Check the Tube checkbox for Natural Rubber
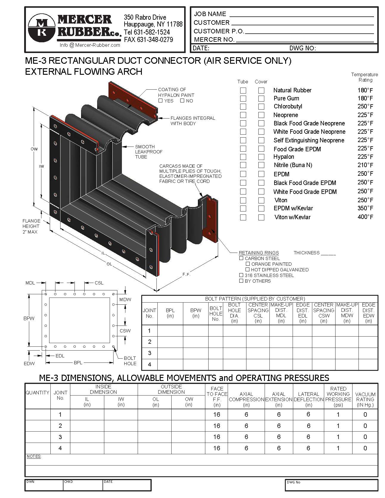coord(243,90)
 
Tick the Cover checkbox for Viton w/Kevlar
coord(261,217)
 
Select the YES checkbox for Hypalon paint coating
coord(161,101)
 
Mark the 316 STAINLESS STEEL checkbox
coord(241,275)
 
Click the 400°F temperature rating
coord(365,217)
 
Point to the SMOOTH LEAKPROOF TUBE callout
coord(145,152)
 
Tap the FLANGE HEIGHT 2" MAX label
coord(31,226)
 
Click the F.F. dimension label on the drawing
coord(187,274)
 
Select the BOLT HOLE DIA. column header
coord(234,313)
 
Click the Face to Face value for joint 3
coord(217,437)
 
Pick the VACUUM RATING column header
coord(365,399)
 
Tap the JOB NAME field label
coord(210,14)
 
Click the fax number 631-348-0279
coord(148,40)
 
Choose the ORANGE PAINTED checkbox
coord(248,264)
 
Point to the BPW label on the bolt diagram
coord(29,318)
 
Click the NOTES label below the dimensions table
coord(34,456)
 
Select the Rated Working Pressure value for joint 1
coord(338,415)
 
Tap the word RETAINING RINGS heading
coord(259,253)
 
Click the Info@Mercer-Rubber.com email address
coord(90,45)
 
